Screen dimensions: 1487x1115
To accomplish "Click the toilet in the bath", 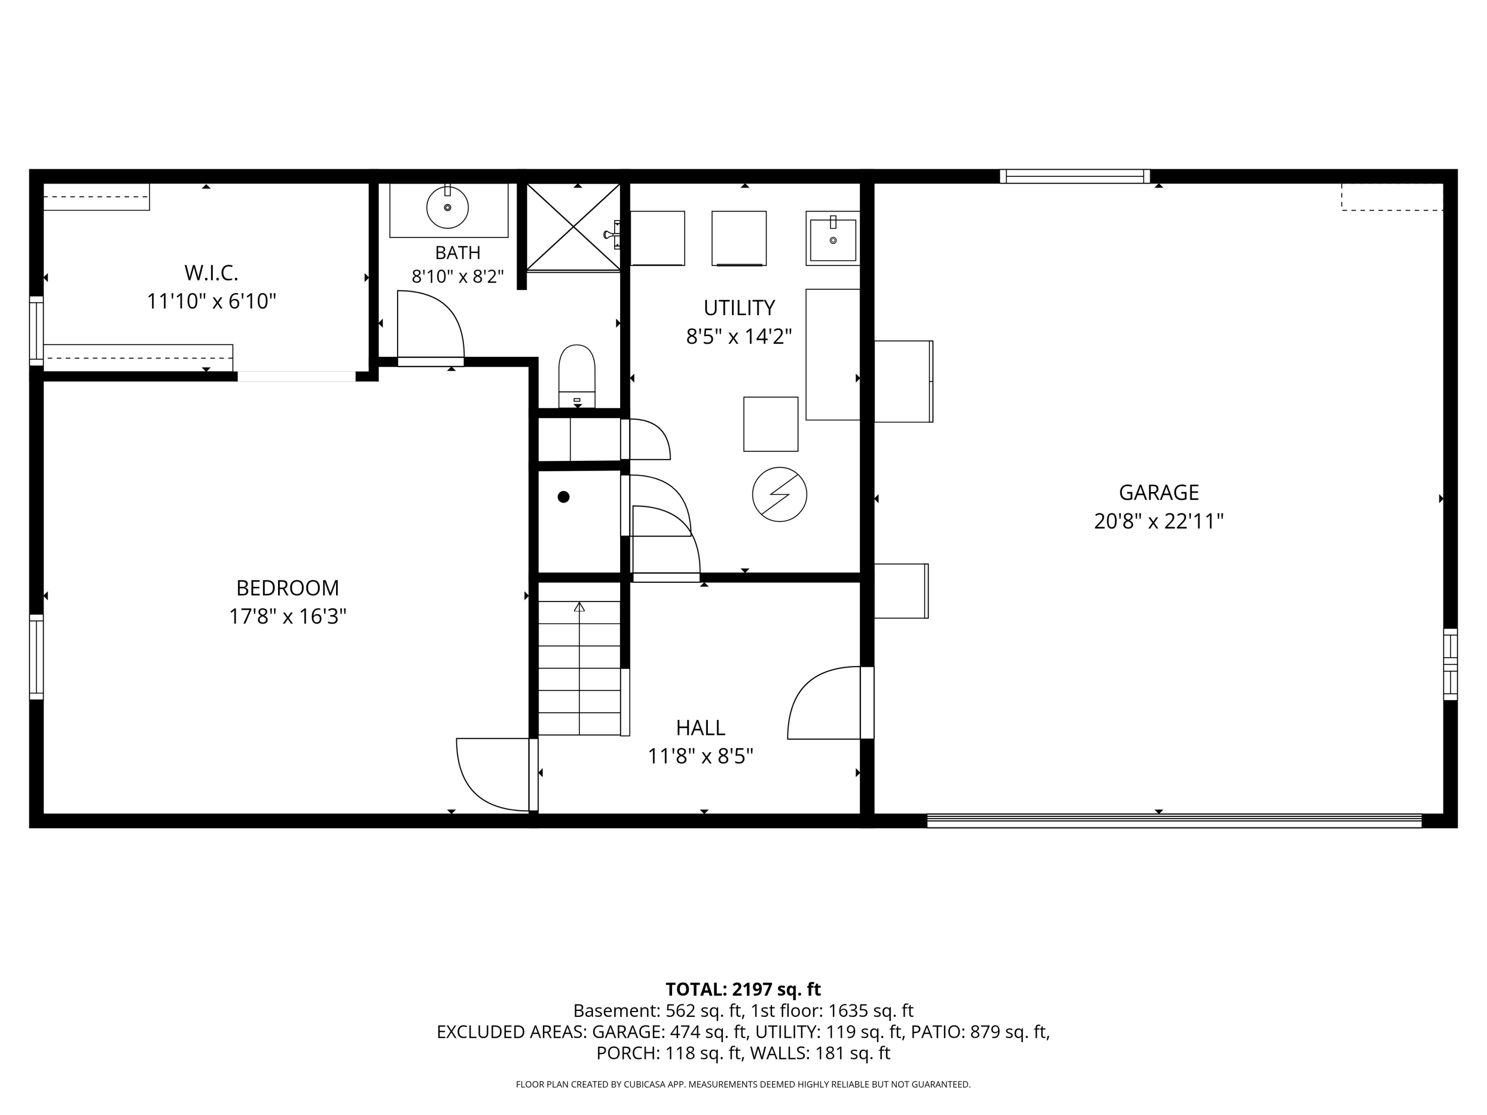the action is [577, 376].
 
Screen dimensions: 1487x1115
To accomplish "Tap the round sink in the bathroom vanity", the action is [448, 207].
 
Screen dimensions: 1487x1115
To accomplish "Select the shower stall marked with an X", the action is [573, 227].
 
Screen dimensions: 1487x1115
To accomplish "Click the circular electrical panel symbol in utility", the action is [779, 494].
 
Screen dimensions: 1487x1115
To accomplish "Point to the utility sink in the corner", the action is [833, 238].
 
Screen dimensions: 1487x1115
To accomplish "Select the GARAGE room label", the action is [1159, 493].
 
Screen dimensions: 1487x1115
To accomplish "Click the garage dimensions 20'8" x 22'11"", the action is [1159, 521].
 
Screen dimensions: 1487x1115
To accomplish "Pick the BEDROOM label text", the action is [287, 588].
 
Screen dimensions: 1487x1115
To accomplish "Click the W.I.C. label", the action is [211, 273].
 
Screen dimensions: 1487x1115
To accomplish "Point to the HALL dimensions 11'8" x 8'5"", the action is [700, 757].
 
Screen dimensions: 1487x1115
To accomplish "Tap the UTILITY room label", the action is [740, 308].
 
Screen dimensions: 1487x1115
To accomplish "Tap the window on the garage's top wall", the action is [1075, 176].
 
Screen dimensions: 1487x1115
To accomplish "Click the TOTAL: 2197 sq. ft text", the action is [743, 989].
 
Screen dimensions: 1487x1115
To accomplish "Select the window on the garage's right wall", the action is [1451, 664].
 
